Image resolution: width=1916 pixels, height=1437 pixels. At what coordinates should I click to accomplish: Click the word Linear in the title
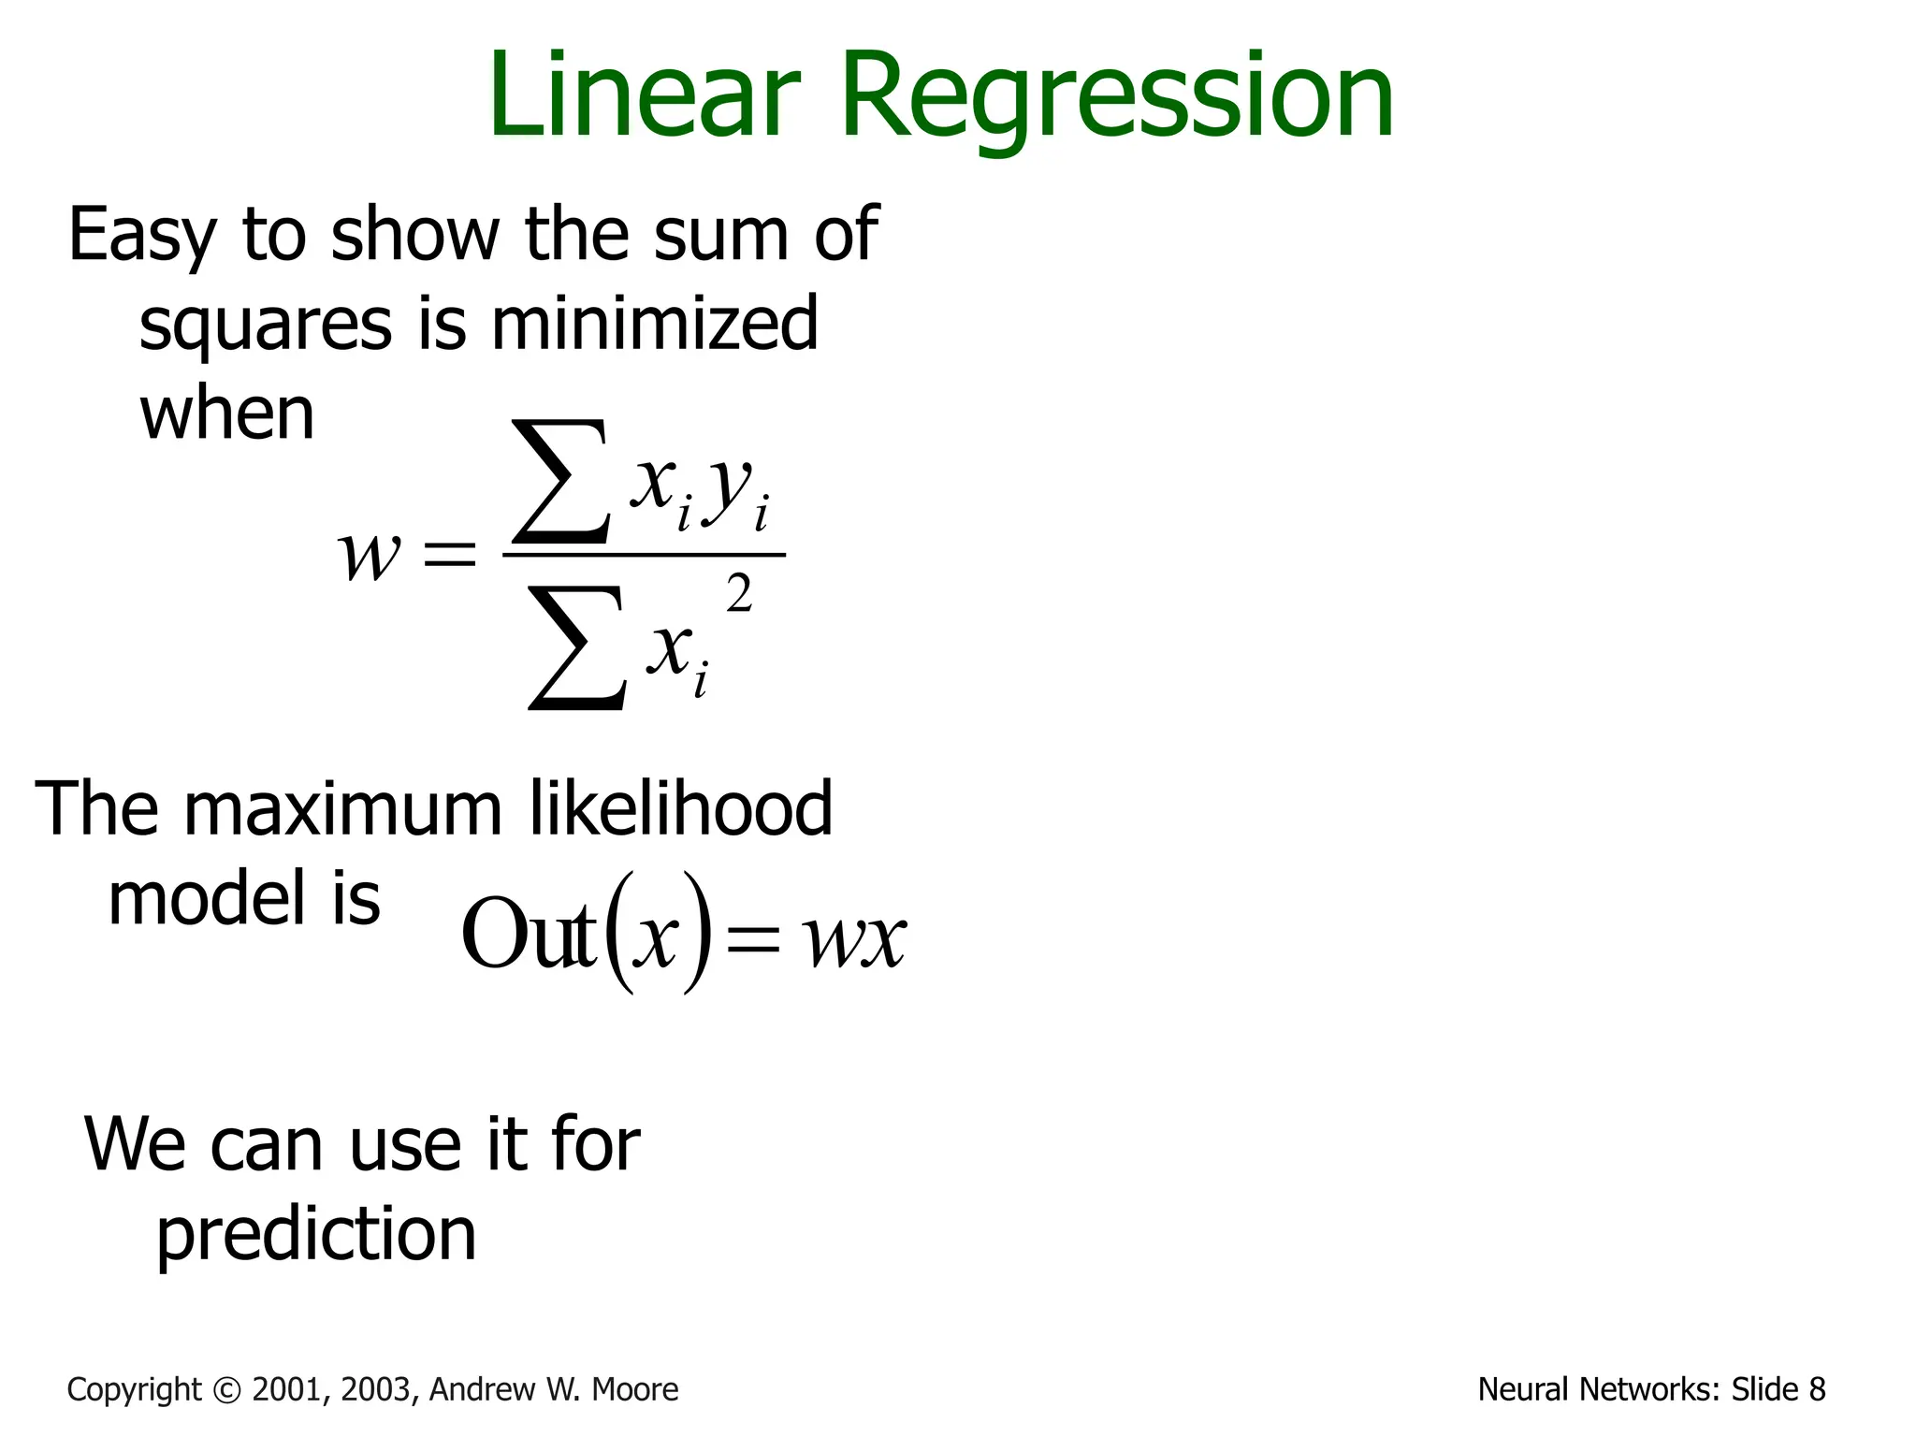pos(644,95)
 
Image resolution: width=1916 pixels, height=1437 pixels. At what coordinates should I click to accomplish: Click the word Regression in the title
pos(1117,99)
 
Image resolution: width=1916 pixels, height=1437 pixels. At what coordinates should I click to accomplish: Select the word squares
pos(265,326)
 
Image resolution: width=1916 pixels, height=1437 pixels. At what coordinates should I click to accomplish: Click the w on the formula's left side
pos(368,554)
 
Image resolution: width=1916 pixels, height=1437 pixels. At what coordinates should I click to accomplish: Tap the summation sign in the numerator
pos(559,482)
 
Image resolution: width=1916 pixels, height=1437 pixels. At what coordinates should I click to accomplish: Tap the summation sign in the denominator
pos(575,647)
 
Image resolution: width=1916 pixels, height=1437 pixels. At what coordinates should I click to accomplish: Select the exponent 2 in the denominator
pos(739,594)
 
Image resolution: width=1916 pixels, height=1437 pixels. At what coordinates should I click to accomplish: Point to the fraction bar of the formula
pos(644,555)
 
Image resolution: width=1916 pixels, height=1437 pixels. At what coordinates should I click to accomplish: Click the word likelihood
pos(681,808)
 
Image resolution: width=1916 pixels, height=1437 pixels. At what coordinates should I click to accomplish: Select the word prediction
pos(316,1235)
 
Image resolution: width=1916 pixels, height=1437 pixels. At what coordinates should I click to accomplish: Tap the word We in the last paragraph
pos(137,1144)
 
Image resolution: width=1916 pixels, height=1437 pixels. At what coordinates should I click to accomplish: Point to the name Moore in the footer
pos(635,1390)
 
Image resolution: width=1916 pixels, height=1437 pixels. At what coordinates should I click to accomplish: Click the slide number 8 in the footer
pos(1817,1390)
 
